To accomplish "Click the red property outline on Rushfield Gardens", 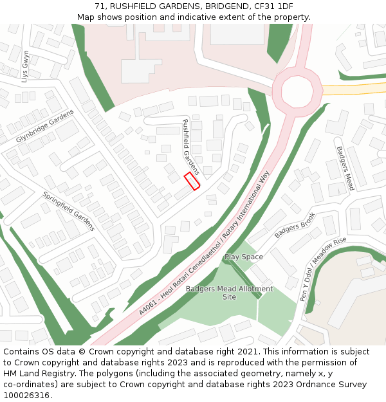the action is point(191,181).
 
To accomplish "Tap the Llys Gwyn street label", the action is point(26,66).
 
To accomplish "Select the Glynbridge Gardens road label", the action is point(45,126).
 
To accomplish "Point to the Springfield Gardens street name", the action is point(69,211).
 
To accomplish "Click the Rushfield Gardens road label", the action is point(191,147).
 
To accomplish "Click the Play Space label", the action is point(243,257).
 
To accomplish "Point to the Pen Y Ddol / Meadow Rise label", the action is point(323,270).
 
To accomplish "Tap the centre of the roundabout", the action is point(297,92).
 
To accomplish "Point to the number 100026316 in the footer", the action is point(26,395).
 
